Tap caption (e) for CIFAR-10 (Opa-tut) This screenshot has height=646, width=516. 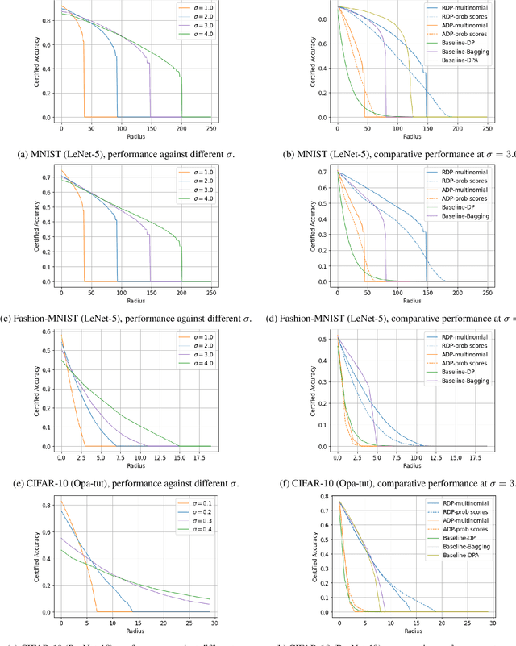point(128,483)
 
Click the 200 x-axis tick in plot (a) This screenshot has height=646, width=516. point(181,127)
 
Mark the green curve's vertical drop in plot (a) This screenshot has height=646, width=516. point(181,97)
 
